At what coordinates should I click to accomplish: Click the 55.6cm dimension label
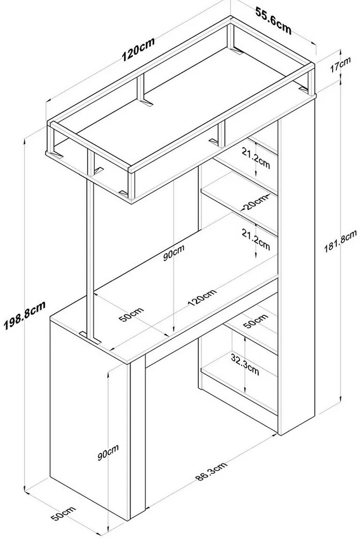pos(274,21)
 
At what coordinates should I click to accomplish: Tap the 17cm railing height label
pos(340,65)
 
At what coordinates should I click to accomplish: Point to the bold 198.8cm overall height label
pos(25,316)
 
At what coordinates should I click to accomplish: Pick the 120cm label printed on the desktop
pos(202,297)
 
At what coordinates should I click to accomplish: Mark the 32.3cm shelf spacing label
pos(245,364)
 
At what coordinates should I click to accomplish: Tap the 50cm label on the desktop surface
pos(131,315)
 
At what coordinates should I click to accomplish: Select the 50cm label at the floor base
pos(63,514)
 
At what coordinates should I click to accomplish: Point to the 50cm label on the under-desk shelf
pos(256,321)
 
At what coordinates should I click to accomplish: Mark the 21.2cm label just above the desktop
pos(256,239)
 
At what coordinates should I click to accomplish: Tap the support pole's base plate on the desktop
pos(90,337)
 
